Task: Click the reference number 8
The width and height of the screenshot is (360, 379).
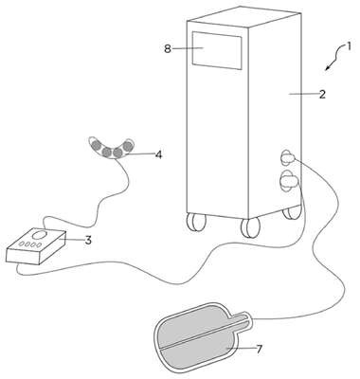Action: (x=168, y=49)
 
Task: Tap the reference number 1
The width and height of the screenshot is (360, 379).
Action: (x=349, y=47)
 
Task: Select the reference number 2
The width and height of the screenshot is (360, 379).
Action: (x=322, y=94)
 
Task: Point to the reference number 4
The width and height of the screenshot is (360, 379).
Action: (x=158, y=154)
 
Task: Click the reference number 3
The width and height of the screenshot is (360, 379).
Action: (x=88, y=240)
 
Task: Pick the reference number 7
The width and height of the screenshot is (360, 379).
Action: (x=259, y=349)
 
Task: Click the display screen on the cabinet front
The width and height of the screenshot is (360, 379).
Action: (x=217, y=50)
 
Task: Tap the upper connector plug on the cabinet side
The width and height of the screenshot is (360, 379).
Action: (x=288, y=157)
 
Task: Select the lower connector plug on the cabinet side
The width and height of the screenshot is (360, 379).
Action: (x=289, y=181)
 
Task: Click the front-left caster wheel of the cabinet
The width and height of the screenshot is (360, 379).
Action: (x=195, y=222)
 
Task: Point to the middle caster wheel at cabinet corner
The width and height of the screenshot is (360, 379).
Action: (x=250, y=227)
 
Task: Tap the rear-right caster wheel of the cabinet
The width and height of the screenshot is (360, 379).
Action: (x=292, y=212)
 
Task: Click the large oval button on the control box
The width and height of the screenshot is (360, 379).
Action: (x=40, y=235)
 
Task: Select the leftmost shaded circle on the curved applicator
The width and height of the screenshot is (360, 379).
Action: (x=96, y=146)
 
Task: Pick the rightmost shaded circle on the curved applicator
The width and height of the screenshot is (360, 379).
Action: (x=128, y=146)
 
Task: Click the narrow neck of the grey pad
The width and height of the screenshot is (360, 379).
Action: (x=242, y=318)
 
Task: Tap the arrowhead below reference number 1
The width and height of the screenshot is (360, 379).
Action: (x=328, y=67)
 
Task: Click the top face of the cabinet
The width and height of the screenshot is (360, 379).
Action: (x=243, y=18)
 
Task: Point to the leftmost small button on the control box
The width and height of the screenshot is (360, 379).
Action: (x=22, y=244)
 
